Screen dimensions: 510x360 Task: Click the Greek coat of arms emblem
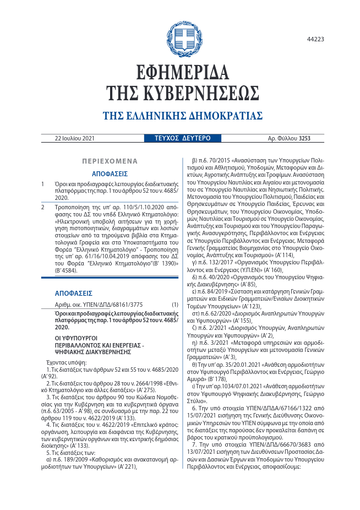(184, 38)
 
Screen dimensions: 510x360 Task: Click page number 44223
(315, 39)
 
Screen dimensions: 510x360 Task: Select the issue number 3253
(304, 139)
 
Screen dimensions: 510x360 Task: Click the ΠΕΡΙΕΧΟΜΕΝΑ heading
(110, 161)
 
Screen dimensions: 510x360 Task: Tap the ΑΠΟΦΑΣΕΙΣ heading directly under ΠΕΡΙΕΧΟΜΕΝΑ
(110, 173)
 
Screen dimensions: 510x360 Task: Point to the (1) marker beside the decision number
(174, 304)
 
